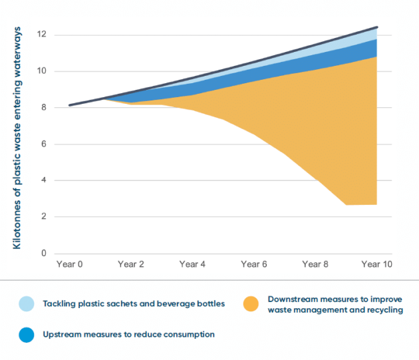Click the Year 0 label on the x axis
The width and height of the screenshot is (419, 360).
[69, 264]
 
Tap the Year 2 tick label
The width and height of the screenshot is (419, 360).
[130, 264]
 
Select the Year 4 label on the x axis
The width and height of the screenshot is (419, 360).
[192, 264]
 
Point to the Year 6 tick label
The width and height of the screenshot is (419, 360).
[253, 264]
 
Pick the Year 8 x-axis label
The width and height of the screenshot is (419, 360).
[315, 264]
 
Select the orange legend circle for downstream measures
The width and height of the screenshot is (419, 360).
[252, 304]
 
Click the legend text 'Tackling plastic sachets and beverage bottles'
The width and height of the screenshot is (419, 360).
[134, 304]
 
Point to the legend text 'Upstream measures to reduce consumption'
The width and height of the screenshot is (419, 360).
[128, 333]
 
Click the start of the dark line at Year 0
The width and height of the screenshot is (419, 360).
[70, 105]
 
